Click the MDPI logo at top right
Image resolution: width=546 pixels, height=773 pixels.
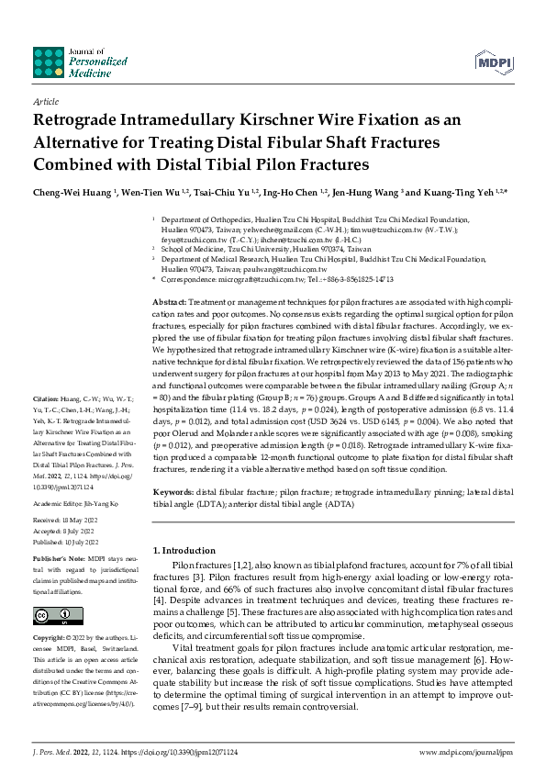pos(493,62)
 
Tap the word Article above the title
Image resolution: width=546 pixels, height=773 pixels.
pos(45,103)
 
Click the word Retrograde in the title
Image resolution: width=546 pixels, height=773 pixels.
pos(79,120)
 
